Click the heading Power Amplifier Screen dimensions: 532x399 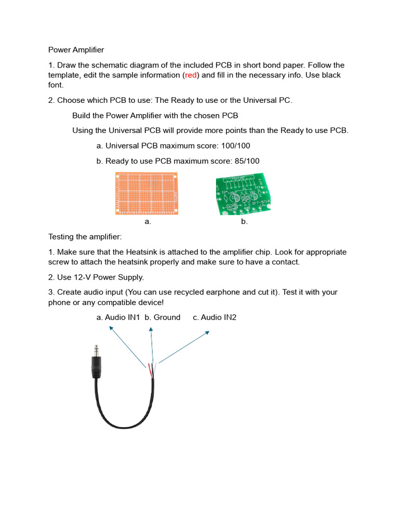(76, 50)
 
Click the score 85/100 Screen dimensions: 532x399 (244, 161)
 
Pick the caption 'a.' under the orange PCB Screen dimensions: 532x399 (148, 222)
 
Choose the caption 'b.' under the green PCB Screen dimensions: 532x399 (244, 222)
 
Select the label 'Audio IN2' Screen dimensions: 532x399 (219, 317)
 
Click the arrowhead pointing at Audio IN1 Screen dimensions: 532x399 (110, 329)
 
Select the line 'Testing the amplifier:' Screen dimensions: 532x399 (85, 237)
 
